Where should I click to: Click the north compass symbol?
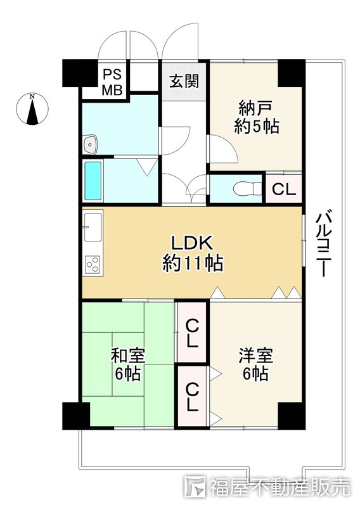point(32,108)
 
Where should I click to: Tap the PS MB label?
point(112,82)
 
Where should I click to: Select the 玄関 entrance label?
point(184,81)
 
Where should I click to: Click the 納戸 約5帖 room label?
point(256,117)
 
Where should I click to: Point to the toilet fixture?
point(247,188)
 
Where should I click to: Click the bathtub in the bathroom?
point(93,181)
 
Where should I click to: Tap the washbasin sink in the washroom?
point(90,144)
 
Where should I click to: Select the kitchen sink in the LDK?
point(93,228)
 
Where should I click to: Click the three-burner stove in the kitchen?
point(93,264)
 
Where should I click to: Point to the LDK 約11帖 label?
point(193,253)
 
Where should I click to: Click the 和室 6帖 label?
point(128,364)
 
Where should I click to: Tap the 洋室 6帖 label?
point(255,364)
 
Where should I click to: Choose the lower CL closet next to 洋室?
point(192,396)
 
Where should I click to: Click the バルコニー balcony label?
point(324,243)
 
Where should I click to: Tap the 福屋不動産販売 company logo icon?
point(195,486)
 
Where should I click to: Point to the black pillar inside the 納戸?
point(292,73)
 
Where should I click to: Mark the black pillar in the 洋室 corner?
point(292,416)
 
